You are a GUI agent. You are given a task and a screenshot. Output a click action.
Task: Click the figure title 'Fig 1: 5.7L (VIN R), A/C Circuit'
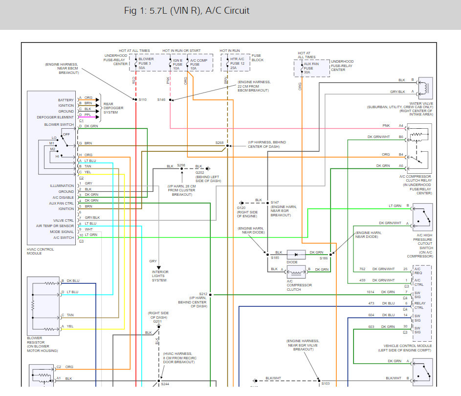click(187, 11)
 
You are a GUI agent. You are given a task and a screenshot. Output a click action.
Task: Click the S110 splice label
click(142, 100)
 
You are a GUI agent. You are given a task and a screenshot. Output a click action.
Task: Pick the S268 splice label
click(220, 143)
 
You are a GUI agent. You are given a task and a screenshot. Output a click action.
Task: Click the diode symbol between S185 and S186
click(296, 255)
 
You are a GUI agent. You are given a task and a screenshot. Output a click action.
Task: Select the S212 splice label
click(203, 294)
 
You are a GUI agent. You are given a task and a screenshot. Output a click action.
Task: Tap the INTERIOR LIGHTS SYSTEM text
click(160, 276)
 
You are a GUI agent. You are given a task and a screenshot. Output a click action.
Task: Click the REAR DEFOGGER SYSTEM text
click(114, 108)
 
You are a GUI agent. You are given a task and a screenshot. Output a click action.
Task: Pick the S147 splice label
click(275, 202)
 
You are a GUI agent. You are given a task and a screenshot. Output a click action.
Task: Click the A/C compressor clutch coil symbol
click(296, 269)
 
